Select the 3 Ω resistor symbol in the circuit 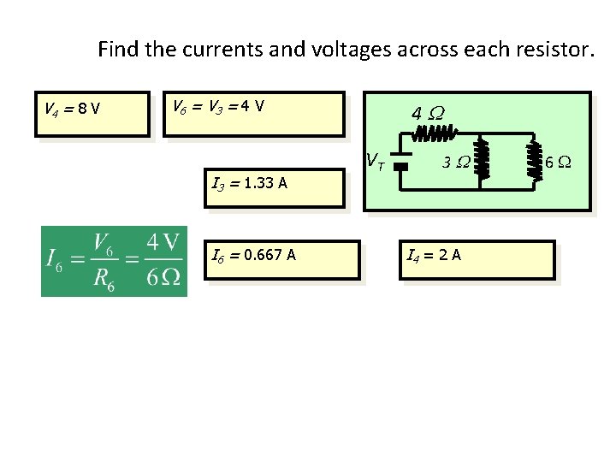tap(482, 160)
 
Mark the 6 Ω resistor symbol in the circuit tap(536, 160)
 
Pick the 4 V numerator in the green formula tap(163, 243)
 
